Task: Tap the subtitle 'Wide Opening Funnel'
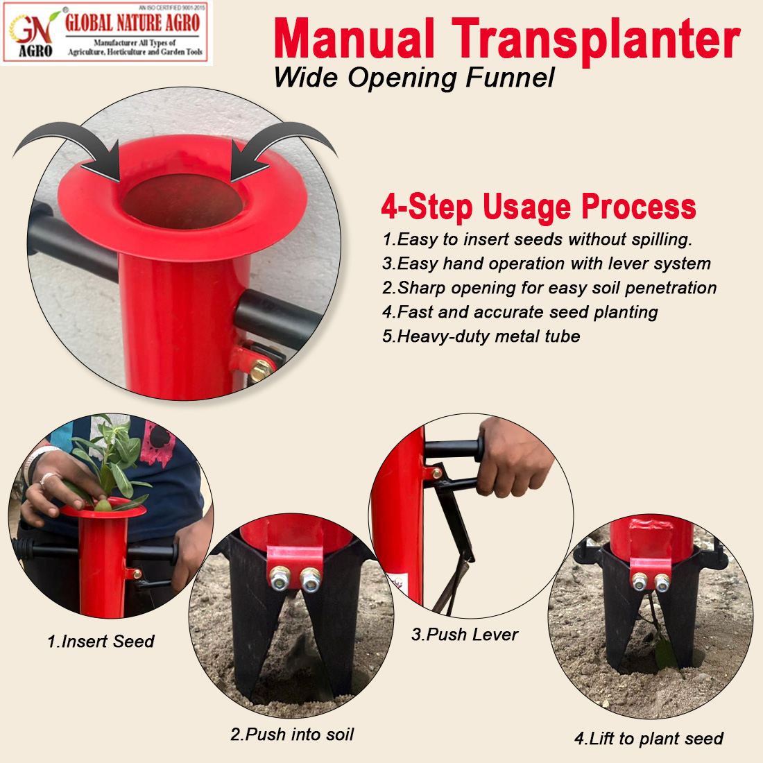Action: pos(414,78)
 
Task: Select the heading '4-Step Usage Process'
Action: pos(538,207)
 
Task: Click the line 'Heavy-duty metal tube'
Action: pos(481,336)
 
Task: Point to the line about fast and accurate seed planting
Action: pos(520,312)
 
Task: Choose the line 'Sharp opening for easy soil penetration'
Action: pos(549,288)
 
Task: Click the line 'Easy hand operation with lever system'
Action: pos(547,264)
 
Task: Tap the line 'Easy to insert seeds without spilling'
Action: pos(537,239)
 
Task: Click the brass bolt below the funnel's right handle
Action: pos(261,370)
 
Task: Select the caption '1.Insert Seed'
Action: pos(101,642)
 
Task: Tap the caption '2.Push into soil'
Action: pos(292,735)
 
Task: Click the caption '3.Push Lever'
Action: pos(465,635)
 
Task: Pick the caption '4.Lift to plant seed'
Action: pos(649,739)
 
